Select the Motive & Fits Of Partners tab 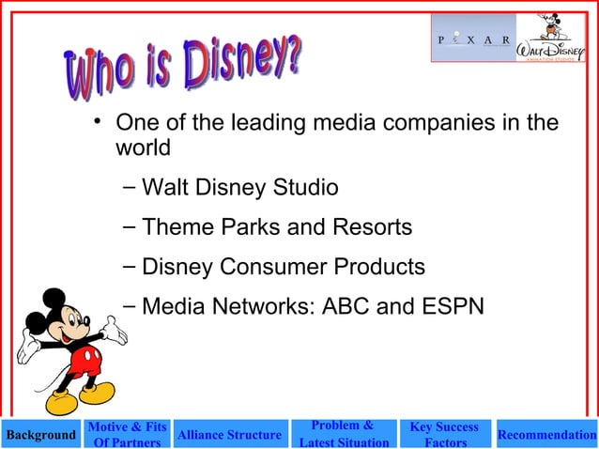coord(127,435)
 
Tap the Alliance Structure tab coord(229,435)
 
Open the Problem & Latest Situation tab coord(343,435)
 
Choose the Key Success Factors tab coord(444,435)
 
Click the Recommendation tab coord(547,435)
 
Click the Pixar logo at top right coord(473,39)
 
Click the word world coord(142,148)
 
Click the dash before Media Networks coord(129,304)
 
